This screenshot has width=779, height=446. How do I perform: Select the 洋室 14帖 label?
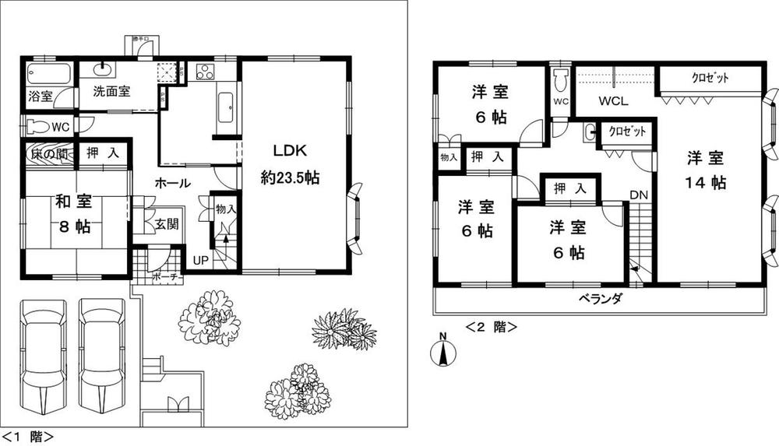tap(707, 170)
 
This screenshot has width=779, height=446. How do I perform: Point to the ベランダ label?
tap(599, 300)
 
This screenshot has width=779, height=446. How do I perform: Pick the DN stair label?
tap(639, 194)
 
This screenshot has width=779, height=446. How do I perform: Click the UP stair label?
tap(200, 260)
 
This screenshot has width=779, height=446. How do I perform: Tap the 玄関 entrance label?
tap(165, 224)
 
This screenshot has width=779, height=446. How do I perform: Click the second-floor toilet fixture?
tap(560, 80)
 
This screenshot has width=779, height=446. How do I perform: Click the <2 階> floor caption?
tap(492, 327)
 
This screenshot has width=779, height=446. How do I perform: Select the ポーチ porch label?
tap(166, 275)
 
